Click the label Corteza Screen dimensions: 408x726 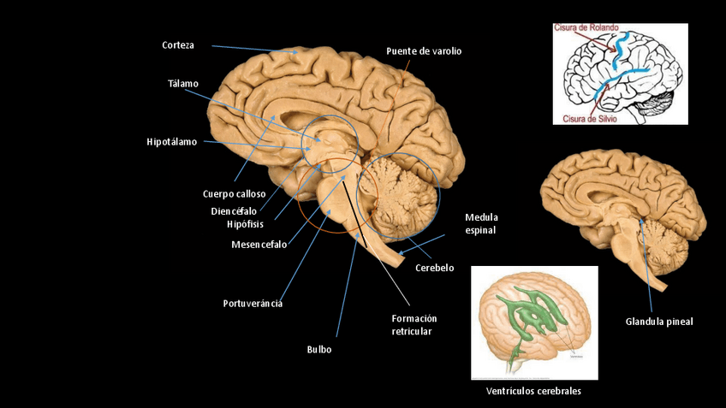(x=178, y=45)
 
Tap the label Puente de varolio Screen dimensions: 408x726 (x=423, y=51)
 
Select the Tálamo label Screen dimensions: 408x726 (x=183, y=84)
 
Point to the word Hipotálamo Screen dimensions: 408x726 (x=171, y=142)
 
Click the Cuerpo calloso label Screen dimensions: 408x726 (x=234, y=194)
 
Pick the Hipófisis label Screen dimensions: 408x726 (x=245, y=224)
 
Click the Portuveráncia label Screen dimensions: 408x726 (x=253, y=303)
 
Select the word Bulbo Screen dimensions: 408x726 (x=318, y=350)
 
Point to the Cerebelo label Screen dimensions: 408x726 (x=434, y=268)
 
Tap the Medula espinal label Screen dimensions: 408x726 (x=481, y=223)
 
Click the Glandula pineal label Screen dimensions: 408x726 (x=659, y=322)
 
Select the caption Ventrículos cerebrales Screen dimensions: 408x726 (x=533, y=391)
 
